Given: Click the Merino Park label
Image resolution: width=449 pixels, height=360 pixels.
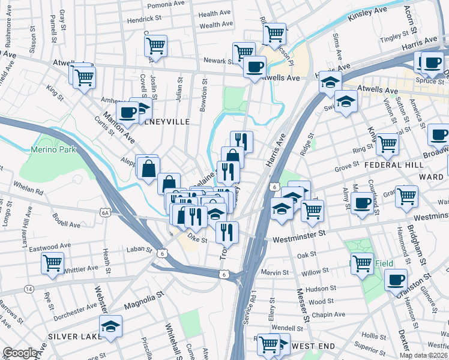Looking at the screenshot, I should [x=54, y=149].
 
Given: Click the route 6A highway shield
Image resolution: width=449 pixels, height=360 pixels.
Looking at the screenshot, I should [x=106, y=212].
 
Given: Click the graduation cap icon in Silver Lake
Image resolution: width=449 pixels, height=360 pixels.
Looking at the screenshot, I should [x=110, y=326].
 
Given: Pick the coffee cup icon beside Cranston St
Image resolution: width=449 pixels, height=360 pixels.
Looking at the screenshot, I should [x=396, y=279].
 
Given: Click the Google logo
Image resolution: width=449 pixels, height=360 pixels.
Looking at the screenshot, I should [x=20, y=353].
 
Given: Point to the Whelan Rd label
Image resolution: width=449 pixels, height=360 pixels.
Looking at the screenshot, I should [x=31, y=192].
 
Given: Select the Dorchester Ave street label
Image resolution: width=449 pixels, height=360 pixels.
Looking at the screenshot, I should [x=75, y=312].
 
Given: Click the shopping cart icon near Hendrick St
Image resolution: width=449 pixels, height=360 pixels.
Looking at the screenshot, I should [x=155, y=44].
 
